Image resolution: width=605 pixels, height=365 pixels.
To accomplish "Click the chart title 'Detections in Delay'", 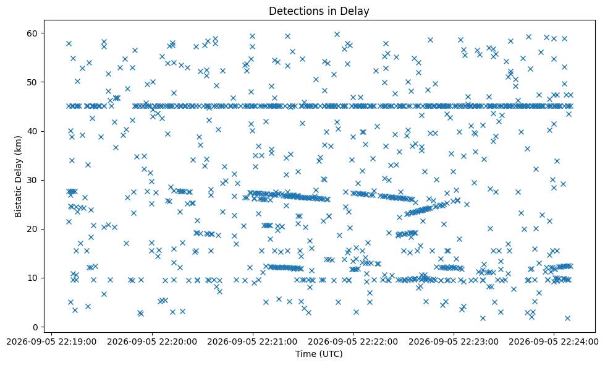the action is [319, 11].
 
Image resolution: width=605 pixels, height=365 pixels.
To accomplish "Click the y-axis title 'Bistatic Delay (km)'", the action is [18, 176].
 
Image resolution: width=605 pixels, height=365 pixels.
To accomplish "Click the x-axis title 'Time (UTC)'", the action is [319, 354].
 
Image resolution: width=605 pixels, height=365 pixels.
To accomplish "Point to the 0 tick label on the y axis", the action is [35, 327].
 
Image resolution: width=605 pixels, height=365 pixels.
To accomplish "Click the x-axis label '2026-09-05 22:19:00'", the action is [52, 342].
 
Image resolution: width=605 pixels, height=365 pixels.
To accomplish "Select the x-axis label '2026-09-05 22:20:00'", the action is [152, 342].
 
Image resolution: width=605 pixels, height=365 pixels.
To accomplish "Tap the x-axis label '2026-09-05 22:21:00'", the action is [253, 342].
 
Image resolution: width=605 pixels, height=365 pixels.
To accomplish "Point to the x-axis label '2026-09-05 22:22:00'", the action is [353, 342].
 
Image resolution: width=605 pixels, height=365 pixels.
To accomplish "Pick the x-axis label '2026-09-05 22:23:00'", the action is [454, 342].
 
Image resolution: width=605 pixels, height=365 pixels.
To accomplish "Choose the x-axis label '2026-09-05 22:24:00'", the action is [554, 342].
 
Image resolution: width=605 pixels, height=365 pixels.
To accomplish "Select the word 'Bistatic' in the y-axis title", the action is [18, 203].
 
